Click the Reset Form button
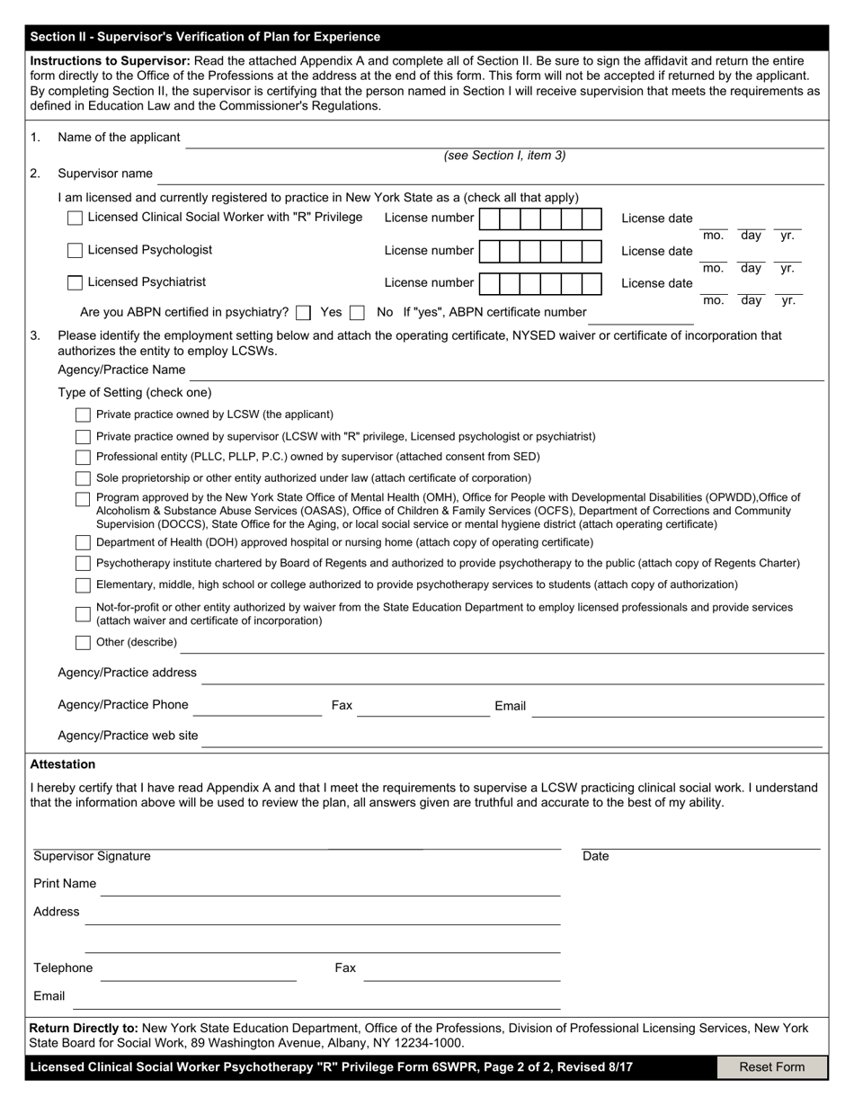(771, 1067)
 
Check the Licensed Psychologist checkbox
(76, 251)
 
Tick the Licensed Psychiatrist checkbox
(76, 283)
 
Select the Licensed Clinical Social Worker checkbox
(76, 219)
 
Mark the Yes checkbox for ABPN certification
(304, 313)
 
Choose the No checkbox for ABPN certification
(357, 313)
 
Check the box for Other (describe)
(83, 643)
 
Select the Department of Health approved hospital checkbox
(83, 543)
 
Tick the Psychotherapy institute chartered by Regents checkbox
(83, 564)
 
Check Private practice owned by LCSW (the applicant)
(83, 415)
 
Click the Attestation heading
(63, 764)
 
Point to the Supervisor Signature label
(92, 857)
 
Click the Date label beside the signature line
(595, 857)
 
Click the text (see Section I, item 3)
(504, 156)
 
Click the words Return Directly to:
(84, 1028)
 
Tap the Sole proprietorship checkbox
(83, 478)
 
